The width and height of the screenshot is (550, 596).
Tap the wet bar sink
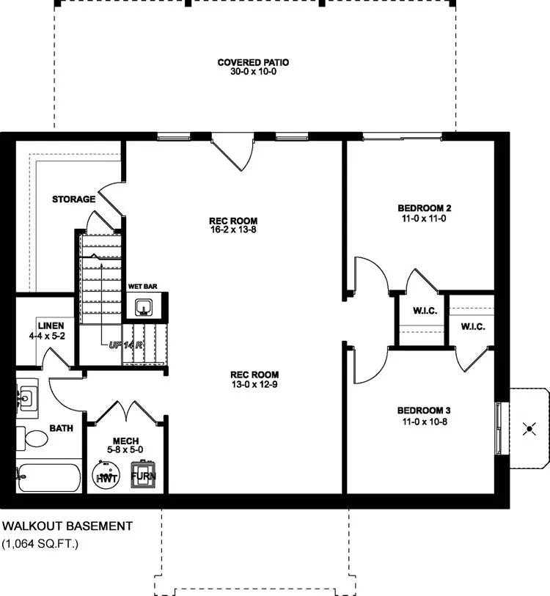[x=143, y=306]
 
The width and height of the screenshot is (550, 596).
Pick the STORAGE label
[x=73, y=199]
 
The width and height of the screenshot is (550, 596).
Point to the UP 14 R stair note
[x=126, y=344]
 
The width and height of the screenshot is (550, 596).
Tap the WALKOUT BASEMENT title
[x=67, y=526]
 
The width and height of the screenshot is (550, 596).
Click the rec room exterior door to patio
[x=233, y=150]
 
